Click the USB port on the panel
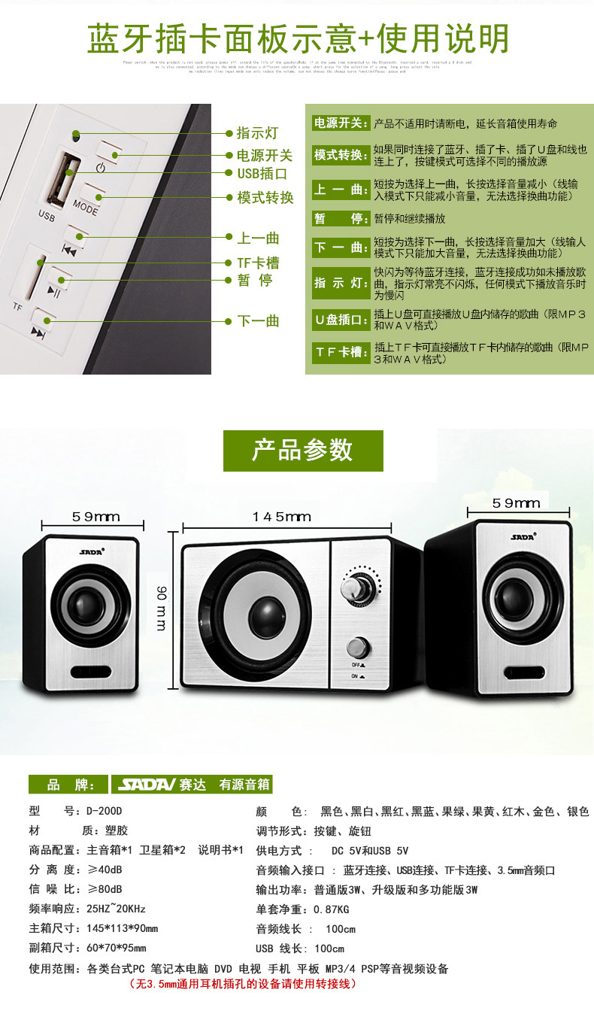pos(65,181)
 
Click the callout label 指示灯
pos(257,133)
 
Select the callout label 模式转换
pos(265,198)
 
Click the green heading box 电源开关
pos(341,123)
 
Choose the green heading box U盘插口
pos(341,318)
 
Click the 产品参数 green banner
pos(302,451)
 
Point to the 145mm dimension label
pos(282,517)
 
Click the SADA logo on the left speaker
pos(90,551)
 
